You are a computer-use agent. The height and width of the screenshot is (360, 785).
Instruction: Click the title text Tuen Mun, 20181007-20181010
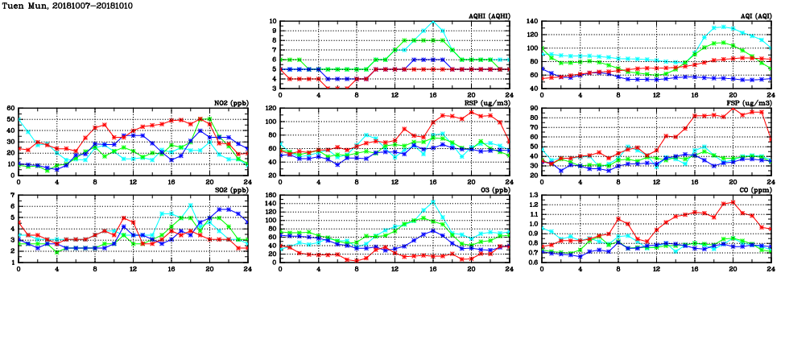click(67, 6)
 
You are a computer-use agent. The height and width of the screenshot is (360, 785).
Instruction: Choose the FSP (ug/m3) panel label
click(750, 103)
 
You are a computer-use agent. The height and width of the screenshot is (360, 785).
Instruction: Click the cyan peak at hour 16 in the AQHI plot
click(433, 23)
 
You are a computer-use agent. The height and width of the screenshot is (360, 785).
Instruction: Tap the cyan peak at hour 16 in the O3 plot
click(433, 202)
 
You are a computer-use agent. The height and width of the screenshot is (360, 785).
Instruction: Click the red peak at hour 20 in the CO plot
click(733, 201)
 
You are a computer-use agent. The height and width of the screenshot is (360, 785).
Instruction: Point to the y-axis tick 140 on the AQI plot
click(533, 22)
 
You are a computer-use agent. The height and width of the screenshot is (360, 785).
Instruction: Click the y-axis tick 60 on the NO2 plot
click(10, 108)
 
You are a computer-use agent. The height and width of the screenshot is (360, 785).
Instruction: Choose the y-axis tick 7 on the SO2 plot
click(12, 196)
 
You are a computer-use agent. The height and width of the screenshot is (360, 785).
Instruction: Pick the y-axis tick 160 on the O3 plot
click(269, 196)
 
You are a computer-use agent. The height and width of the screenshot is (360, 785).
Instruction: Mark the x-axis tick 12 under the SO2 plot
click(133, 270)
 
